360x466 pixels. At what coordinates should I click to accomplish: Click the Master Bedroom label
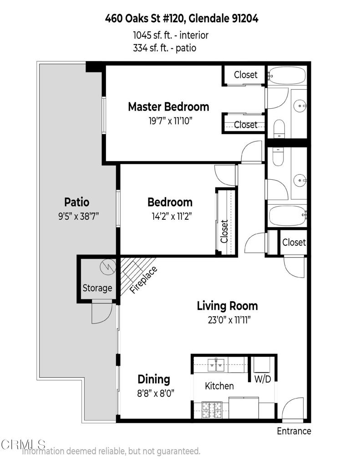point(168,106)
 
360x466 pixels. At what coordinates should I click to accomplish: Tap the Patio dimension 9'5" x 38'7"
point(78,216)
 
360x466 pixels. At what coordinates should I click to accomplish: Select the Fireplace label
point(143,280)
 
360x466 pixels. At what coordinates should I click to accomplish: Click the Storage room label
point(97,288)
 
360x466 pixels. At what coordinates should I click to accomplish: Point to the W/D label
point(263,379)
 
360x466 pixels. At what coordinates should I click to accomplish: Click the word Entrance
point(294,431)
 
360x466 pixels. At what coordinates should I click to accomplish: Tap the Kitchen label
point(219,386)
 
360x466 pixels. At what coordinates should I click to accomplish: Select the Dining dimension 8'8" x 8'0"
point(156,393)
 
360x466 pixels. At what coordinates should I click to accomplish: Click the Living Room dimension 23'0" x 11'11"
point(229,320)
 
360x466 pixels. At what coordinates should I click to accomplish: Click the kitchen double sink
point(216,365)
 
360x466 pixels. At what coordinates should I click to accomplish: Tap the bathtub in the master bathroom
point(287,76)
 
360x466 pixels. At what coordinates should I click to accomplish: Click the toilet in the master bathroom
point(279,129)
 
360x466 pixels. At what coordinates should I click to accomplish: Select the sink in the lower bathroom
point(300,180)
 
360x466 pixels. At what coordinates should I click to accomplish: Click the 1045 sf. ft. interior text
point(171,35)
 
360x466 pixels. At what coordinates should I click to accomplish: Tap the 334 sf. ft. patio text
point(165,48)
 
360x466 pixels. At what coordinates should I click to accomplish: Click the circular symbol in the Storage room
point(107,266)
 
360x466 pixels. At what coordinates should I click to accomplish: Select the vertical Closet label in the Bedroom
point(224,231)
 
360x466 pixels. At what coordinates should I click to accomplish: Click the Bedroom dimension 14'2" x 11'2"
point(172,216)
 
